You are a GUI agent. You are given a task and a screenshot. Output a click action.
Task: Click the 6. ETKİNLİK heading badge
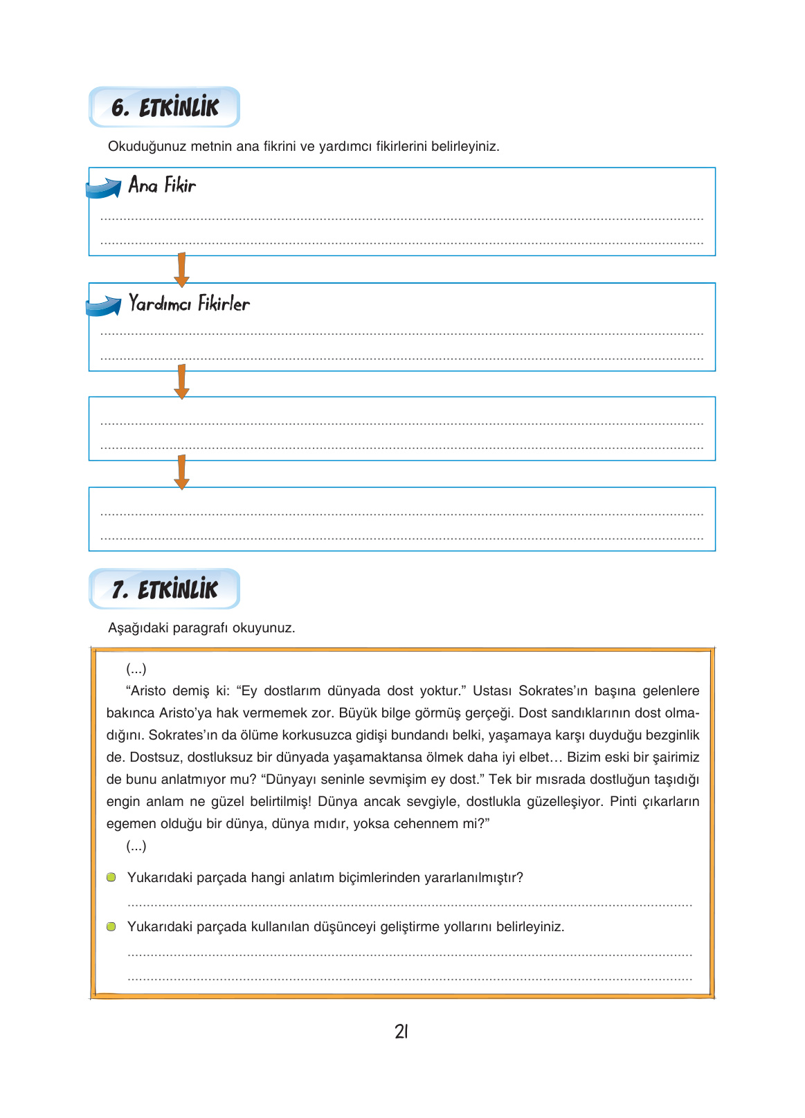point(165,107)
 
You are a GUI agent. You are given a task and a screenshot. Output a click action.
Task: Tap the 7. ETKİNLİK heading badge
point(165,589)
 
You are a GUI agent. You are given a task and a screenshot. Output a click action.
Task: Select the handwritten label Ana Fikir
point(162,185)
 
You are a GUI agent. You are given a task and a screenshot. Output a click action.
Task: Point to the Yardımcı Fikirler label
point(189,304)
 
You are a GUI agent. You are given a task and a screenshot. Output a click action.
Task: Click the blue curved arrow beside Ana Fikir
point(104,187)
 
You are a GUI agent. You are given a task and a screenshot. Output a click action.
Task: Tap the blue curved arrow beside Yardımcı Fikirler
point(104,306)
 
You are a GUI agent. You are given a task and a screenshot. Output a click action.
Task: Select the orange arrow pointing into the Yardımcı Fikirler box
point(181,270)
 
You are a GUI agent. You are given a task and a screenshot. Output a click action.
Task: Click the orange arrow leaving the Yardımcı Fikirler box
point(181,382)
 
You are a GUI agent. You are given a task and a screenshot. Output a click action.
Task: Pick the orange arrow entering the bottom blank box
point(181,473)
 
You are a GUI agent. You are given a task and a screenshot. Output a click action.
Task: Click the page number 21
point(401,1032)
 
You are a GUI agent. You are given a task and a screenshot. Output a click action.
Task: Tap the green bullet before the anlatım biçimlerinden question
point(111,877)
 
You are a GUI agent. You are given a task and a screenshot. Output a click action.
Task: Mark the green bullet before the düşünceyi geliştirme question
point(111,926)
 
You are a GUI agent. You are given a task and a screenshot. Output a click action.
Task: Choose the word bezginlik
point(672,735)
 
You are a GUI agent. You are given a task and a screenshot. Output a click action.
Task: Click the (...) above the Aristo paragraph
point(136,668)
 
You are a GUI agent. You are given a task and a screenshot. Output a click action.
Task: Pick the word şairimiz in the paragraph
point(676,757)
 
